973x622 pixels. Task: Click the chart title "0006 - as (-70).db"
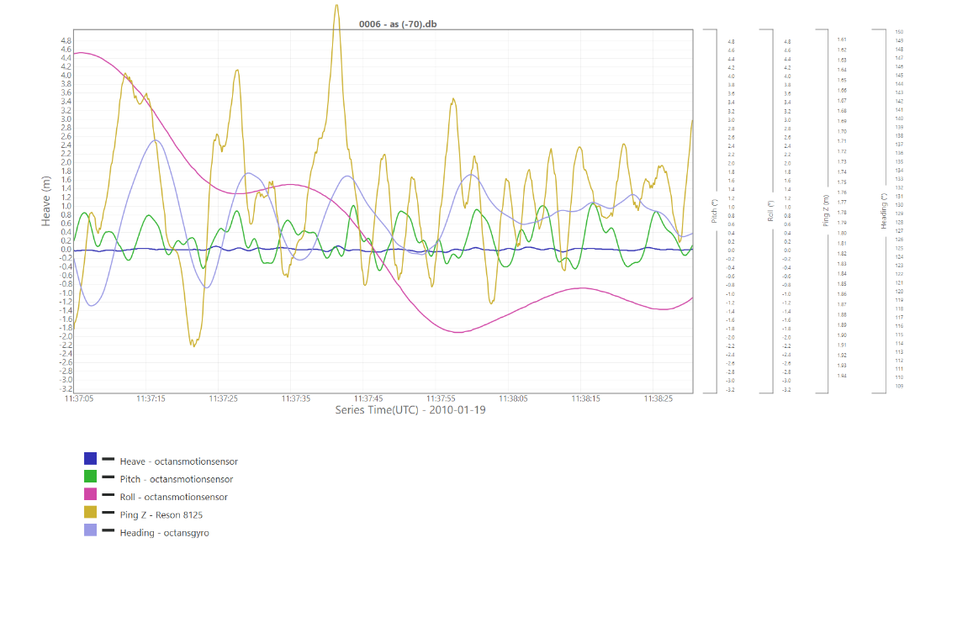398,24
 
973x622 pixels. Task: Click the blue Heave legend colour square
90,459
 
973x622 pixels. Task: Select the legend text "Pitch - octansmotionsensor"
177,479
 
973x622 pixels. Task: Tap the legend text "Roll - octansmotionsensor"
173,497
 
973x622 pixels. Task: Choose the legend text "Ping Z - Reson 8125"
161,514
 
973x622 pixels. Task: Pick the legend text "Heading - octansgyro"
164,532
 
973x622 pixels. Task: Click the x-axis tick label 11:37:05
79,398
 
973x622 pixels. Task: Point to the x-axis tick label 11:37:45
368,398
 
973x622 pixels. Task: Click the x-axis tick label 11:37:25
224,398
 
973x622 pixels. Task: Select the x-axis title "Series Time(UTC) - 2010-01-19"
410,410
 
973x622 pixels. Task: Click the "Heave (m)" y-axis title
47,200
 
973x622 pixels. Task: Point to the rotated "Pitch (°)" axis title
714,210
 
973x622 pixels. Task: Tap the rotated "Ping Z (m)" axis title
826,210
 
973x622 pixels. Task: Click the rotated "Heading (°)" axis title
884,210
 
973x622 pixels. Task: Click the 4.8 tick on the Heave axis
66,40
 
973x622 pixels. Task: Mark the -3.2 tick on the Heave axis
66,389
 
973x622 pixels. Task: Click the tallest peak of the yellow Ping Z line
336,5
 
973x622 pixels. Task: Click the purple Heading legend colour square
90,530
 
